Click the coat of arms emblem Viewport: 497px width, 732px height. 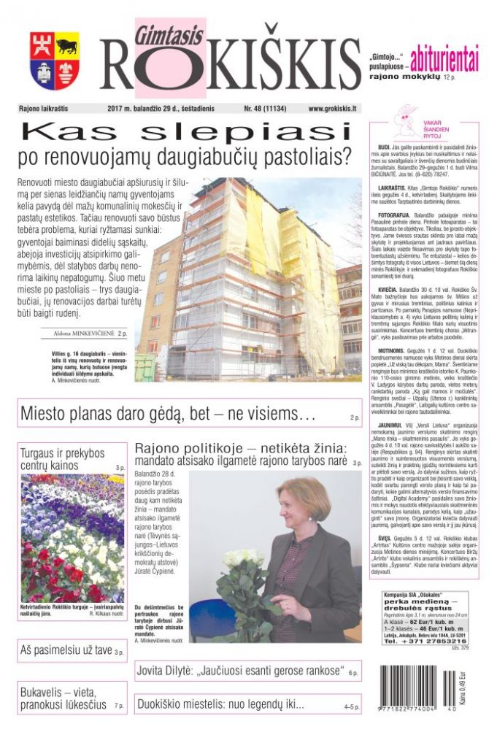click(55, 61)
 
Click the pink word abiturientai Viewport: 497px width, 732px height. click(444, 57)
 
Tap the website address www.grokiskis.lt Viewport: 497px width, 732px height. click(332, 109)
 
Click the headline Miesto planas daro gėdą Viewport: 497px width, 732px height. click(167, 415)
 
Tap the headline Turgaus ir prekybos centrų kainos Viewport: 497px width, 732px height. click(63, 459)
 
